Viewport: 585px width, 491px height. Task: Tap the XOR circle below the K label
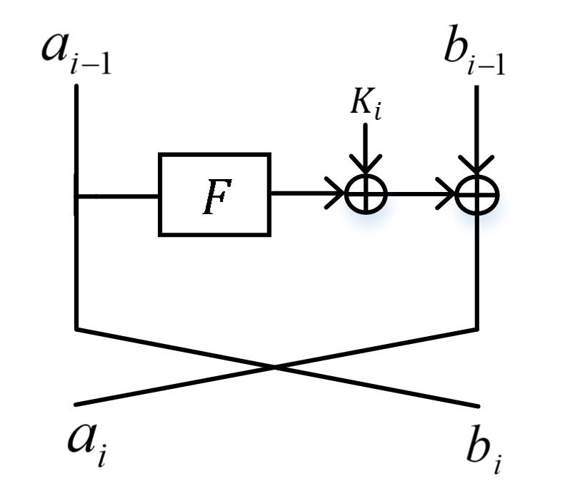click(366, 193)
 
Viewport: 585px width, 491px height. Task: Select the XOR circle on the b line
click(477, 193)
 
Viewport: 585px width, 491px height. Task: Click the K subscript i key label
click(365, 105)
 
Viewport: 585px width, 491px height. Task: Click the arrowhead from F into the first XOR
click(336, 193)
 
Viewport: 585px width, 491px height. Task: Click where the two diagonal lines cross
click(276, 367)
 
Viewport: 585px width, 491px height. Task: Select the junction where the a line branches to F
click(76, 194)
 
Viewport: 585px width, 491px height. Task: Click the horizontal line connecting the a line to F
click(118, 194)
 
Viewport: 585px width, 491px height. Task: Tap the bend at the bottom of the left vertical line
click(76, 329)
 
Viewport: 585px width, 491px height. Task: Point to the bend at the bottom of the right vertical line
click(477, 329)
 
